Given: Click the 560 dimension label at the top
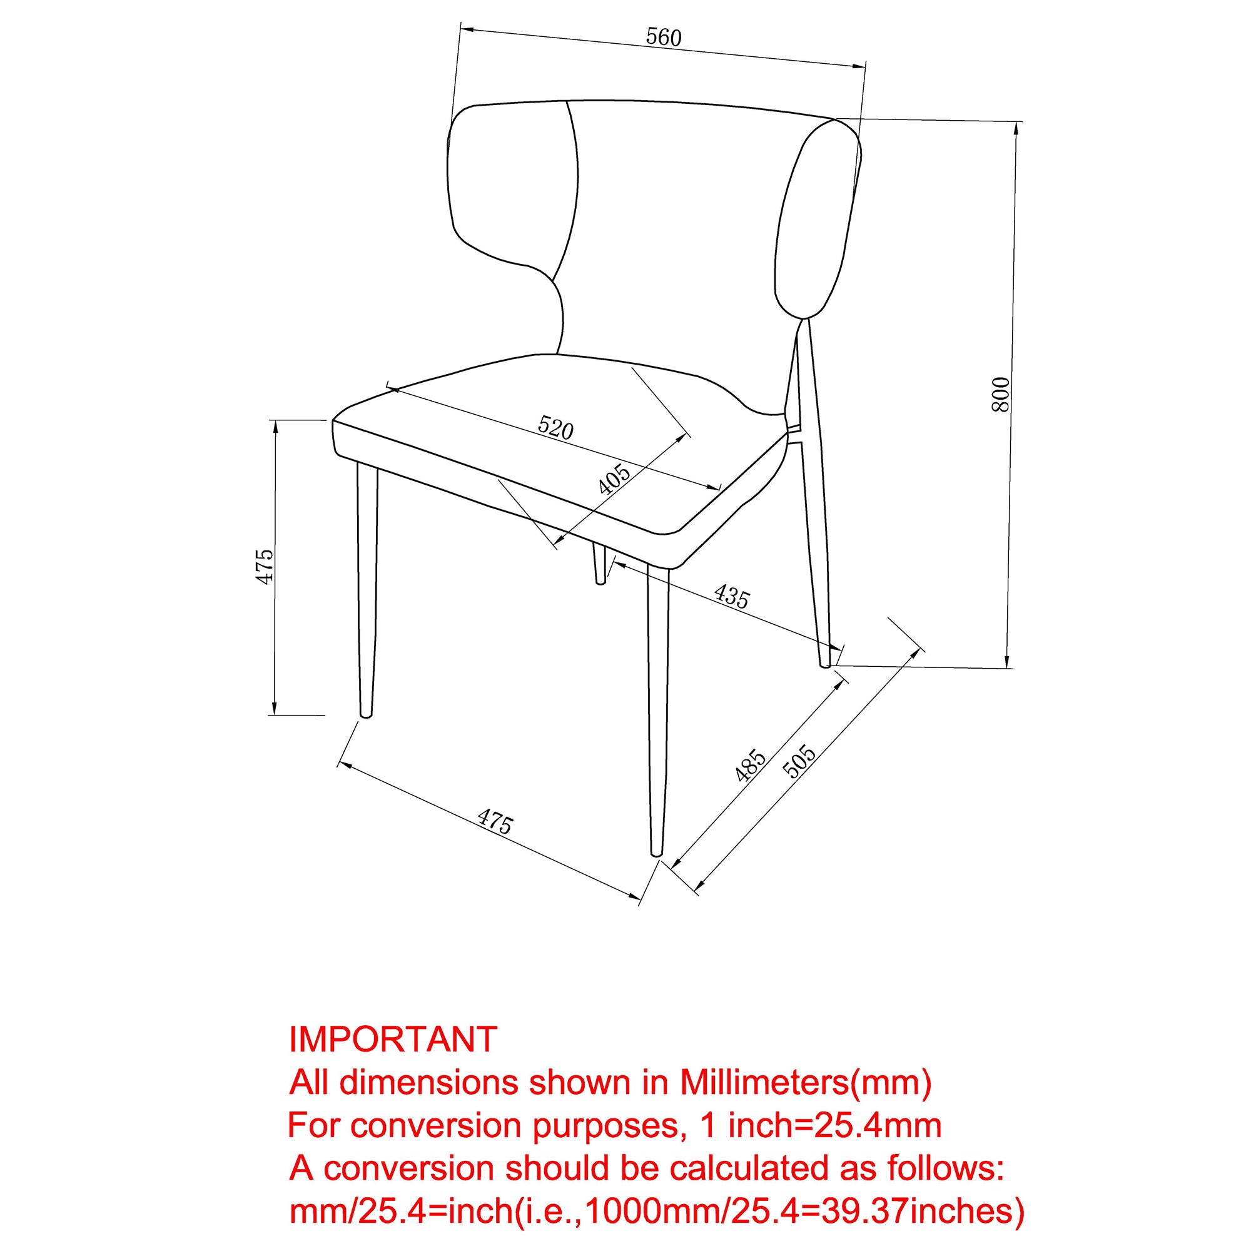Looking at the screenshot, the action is [664, 38].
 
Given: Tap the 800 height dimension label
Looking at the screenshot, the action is [1000, 393].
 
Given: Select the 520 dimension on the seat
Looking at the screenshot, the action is [555, 428].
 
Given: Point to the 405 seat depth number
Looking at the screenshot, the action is [613, 479].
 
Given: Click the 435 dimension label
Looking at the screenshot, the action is [732, 596].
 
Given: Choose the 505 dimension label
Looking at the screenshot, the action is [799, 761].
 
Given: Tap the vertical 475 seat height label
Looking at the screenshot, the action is [265, 567].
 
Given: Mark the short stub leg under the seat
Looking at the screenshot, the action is [600, 564].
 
